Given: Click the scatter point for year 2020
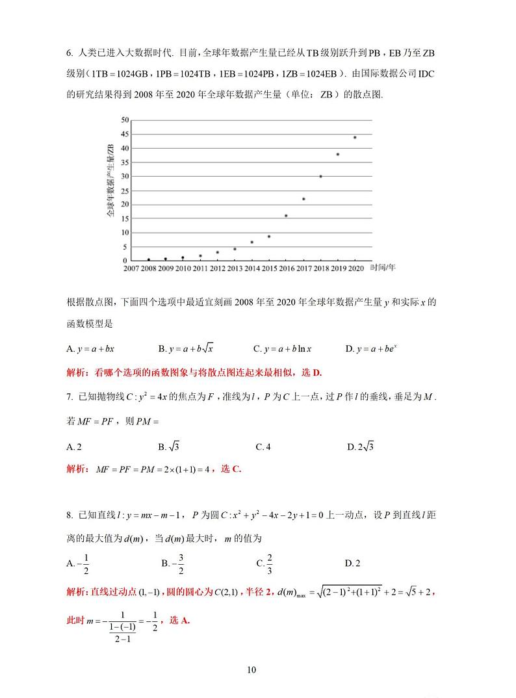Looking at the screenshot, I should (x=355, y=137).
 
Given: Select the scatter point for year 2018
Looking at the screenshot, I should (x=320, y=176).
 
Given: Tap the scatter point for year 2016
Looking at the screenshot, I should (x=286, y=216).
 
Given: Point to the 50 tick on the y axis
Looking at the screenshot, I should (x=125, y=120).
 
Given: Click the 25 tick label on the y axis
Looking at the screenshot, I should (x=125, y=190).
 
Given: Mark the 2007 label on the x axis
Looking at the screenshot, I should (x=131, y=268).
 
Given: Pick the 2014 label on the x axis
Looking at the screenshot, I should (x=252, y=268).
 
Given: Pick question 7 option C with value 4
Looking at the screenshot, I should (x=263, y=446).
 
